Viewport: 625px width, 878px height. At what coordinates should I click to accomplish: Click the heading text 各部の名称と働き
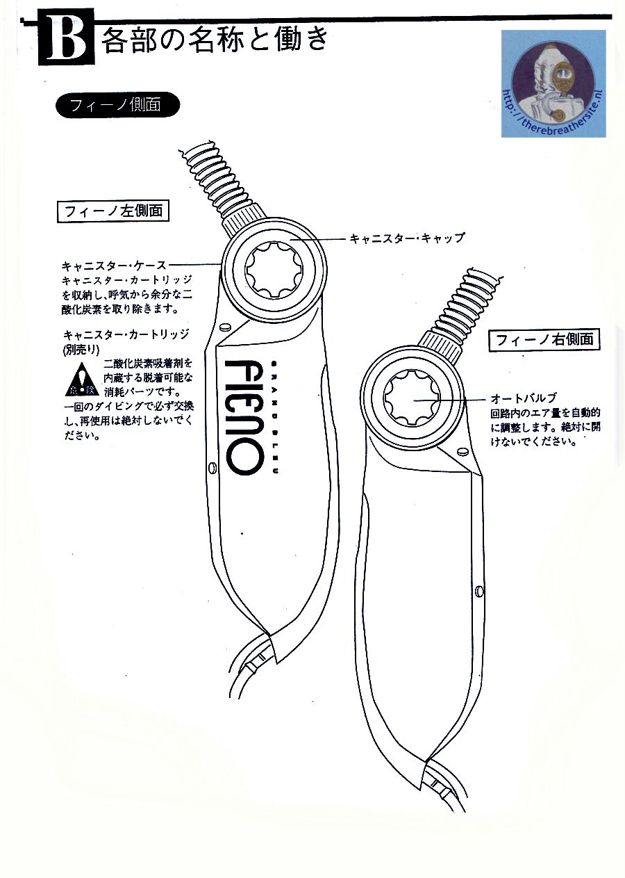tap(214, 40)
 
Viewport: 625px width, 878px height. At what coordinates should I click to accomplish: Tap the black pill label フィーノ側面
tap(116, 104)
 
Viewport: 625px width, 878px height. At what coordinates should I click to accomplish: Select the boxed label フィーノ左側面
tap(113, 211)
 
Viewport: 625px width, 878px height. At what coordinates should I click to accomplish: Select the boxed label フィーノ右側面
tap(544, 340)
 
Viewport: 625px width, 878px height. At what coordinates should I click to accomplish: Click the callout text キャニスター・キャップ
tap(406, 238)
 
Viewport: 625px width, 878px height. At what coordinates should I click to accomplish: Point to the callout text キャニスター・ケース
tap(114, 266)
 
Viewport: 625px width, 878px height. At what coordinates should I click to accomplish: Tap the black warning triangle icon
tap(83, 380)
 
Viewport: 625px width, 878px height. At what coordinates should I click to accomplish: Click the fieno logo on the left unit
tap(244, 416)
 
